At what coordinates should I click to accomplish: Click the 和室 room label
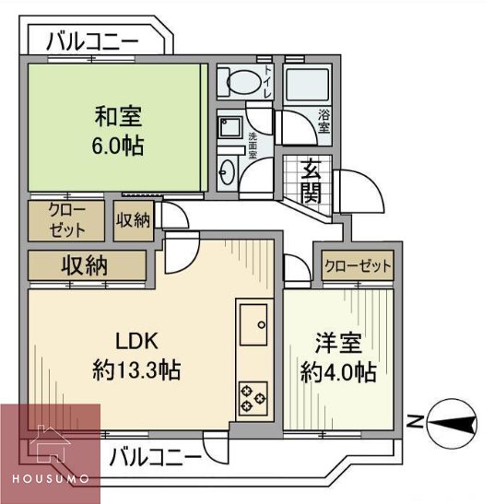point(116,117)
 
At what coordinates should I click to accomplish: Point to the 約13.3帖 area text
point(135,370)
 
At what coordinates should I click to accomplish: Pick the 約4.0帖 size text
point(338,373)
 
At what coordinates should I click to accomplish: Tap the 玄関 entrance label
point(310,182)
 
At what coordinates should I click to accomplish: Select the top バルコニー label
point(92,41)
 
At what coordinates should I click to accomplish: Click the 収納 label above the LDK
point(85,266)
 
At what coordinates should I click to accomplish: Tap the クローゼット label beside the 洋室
point(357,266)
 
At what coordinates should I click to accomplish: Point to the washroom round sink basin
point(228,170)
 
